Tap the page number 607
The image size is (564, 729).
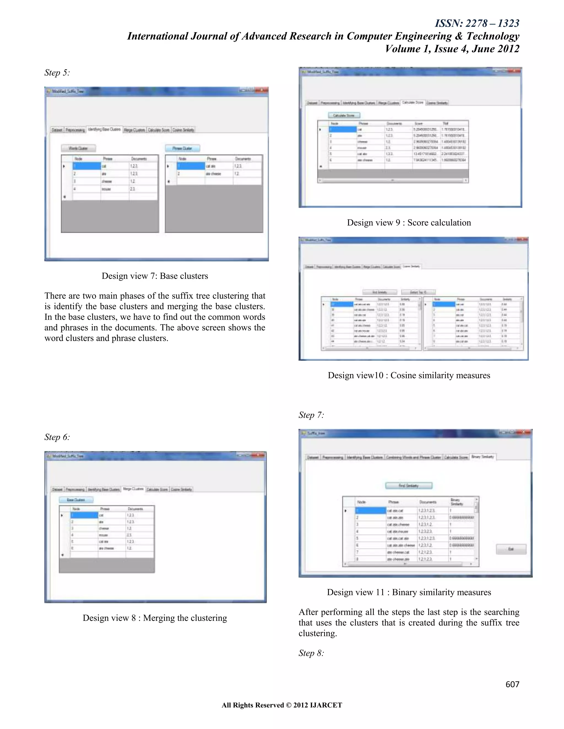pos(512,684)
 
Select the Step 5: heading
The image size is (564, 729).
pos(57,73)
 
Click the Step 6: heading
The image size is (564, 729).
pos(57,437)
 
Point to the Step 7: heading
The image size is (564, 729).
pos(311,415)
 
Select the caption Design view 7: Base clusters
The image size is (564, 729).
pos(155,276)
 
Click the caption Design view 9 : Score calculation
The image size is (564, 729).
pos(409,223)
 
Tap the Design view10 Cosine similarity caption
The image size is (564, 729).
pos(409,376)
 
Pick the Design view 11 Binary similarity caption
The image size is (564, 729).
pos(409,592)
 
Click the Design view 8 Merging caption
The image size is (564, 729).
pos(155,618)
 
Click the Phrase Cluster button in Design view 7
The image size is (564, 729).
pos(182,148)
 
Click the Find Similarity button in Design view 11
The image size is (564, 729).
pos(409,486)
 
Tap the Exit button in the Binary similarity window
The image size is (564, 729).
pos(511,549)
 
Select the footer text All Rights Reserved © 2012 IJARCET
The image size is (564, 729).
pos(282,705)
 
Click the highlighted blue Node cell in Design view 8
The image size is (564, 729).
pos(85,515)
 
